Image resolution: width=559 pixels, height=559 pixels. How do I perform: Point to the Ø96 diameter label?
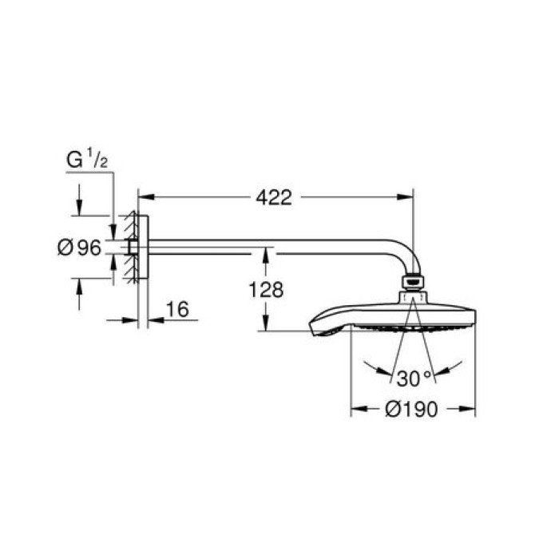point(79,248)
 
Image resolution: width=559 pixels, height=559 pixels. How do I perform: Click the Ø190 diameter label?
point(412,409)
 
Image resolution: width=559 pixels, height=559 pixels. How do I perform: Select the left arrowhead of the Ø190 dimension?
point(357,409)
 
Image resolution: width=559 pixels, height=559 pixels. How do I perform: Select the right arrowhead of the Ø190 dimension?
point(470,409)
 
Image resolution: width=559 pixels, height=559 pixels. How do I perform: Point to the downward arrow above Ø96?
point(78,208)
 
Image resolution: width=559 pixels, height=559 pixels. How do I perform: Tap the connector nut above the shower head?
point(412,282)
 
